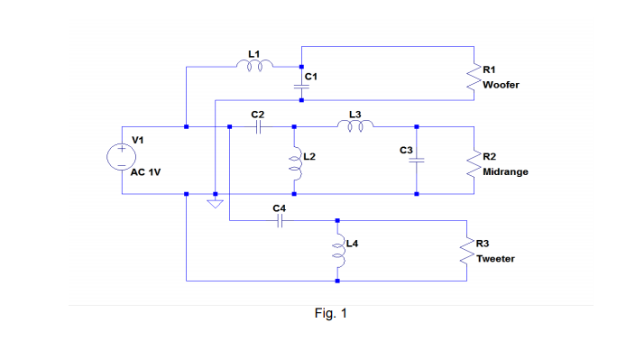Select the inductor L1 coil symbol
[x=256, y=65]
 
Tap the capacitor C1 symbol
[x=301, y=85]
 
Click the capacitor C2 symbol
[x=258, y=127]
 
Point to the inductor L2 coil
[x=295, y=161]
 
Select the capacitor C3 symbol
[x=416, y=161]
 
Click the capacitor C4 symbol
[x=280, y=220]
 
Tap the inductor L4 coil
[x=337, y=250]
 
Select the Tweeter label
[x=496, y=258]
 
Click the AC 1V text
[x=146, y=171]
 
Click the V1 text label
[x=138, y=140]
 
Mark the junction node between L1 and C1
[x=301, y=66]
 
